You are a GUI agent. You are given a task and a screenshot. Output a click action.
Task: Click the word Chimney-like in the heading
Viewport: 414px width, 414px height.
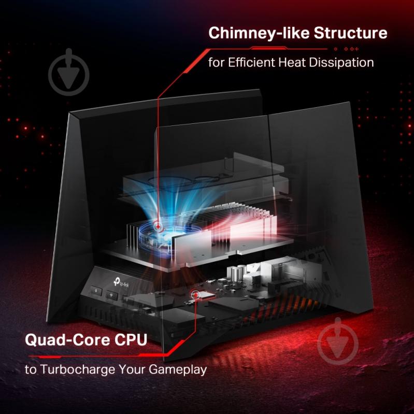coord(259,33)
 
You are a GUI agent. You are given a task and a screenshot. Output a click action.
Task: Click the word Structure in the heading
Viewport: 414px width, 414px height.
coord(350,33)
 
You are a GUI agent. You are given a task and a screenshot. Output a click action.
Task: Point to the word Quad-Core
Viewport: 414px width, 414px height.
coord(68,339)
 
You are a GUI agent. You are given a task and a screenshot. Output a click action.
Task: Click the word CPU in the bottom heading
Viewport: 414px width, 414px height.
coord(131,339)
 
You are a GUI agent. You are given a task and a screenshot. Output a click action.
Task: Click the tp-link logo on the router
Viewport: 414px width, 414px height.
coord(121,282)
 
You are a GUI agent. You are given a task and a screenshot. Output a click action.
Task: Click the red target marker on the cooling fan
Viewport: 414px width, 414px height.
coord(158,226)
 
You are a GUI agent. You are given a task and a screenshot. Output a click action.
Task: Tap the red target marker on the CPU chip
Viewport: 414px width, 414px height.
coord(196,294)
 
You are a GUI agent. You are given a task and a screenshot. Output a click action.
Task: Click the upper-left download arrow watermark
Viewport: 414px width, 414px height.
coord(68,72)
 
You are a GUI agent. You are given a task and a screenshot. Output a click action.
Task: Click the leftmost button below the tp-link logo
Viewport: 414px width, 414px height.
coord(96,291)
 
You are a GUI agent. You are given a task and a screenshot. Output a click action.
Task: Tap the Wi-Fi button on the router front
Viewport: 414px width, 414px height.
coord(112,295)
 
